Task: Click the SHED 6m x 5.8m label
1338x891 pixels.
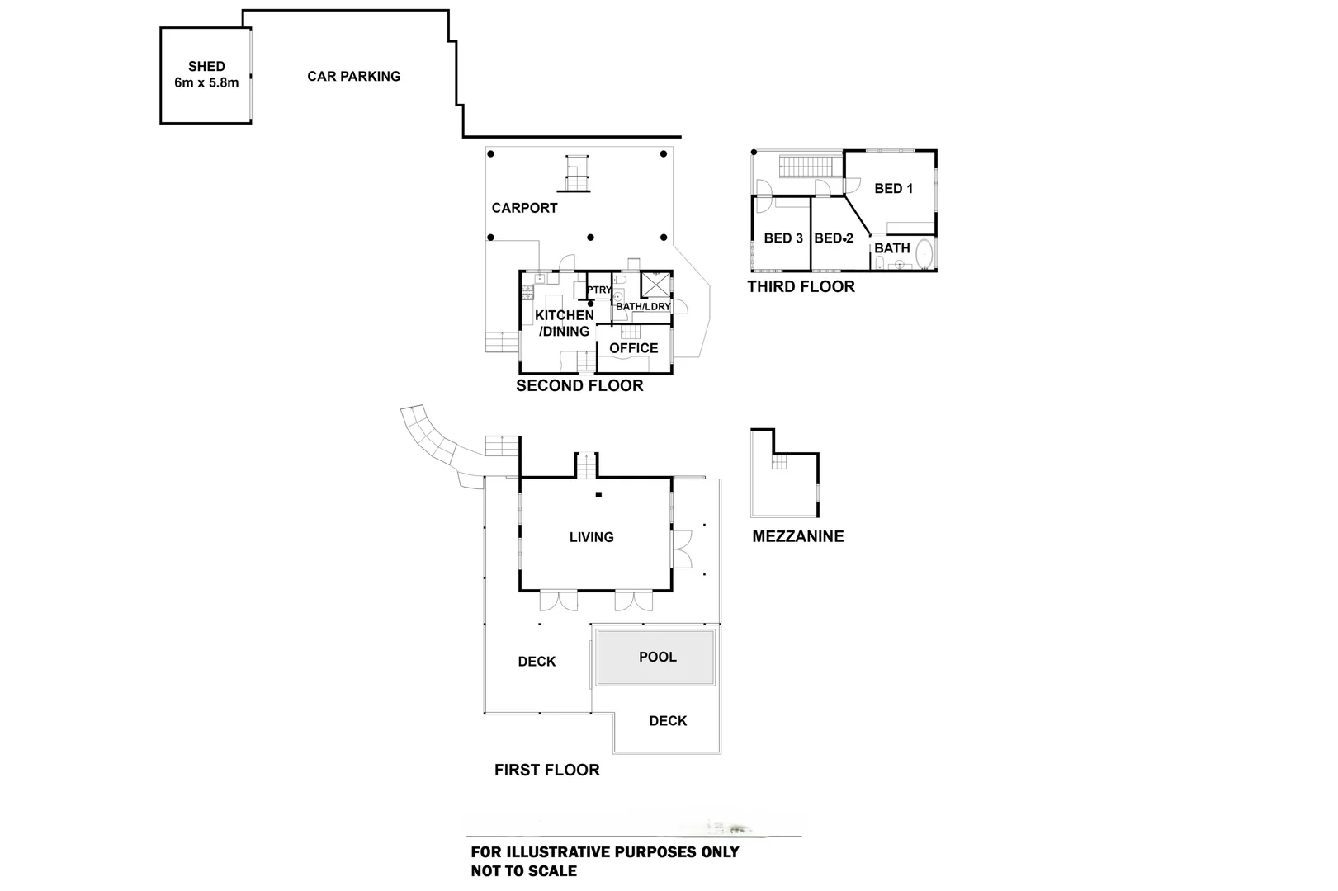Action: pos(206,74)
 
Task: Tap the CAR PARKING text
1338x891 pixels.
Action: pos(353,76)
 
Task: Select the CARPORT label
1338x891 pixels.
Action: pos(524,208)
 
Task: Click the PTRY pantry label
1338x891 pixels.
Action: pos(599,290)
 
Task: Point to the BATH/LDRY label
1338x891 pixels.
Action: pos(643,307)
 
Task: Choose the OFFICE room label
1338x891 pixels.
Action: pos(633,348)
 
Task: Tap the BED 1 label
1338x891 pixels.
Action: pos(893,188)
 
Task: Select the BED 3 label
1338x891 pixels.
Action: pos(782,238)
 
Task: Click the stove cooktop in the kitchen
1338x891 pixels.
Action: pos(526,290)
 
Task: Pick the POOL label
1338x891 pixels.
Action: pos(657,657)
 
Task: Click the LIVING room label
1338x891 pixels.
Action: pos(591,537)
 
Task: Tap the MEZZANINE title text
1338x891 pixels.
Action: pos(797,536)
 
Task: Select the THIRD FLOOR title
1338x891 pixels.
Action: pos(801,286)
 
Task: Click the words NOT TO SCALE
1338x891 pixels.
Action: pos(523,871)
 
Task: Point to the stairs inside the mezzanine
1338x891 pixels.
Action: pos(779,462)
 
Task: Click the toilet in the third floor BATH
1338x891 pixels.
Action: pos(881,262)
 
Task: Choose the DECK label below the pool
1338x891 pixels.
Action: pos(668,721)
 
